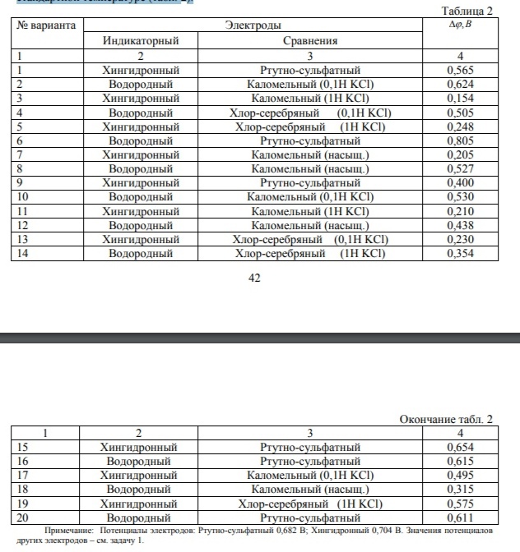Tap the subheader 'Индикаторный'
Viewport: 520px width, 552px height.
141,40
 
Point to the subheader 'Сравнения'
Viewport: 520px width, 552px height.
310,40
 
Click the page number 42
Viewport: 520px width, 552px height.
254,279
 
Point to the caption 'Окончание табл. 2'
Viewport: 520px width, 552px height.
445,419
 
